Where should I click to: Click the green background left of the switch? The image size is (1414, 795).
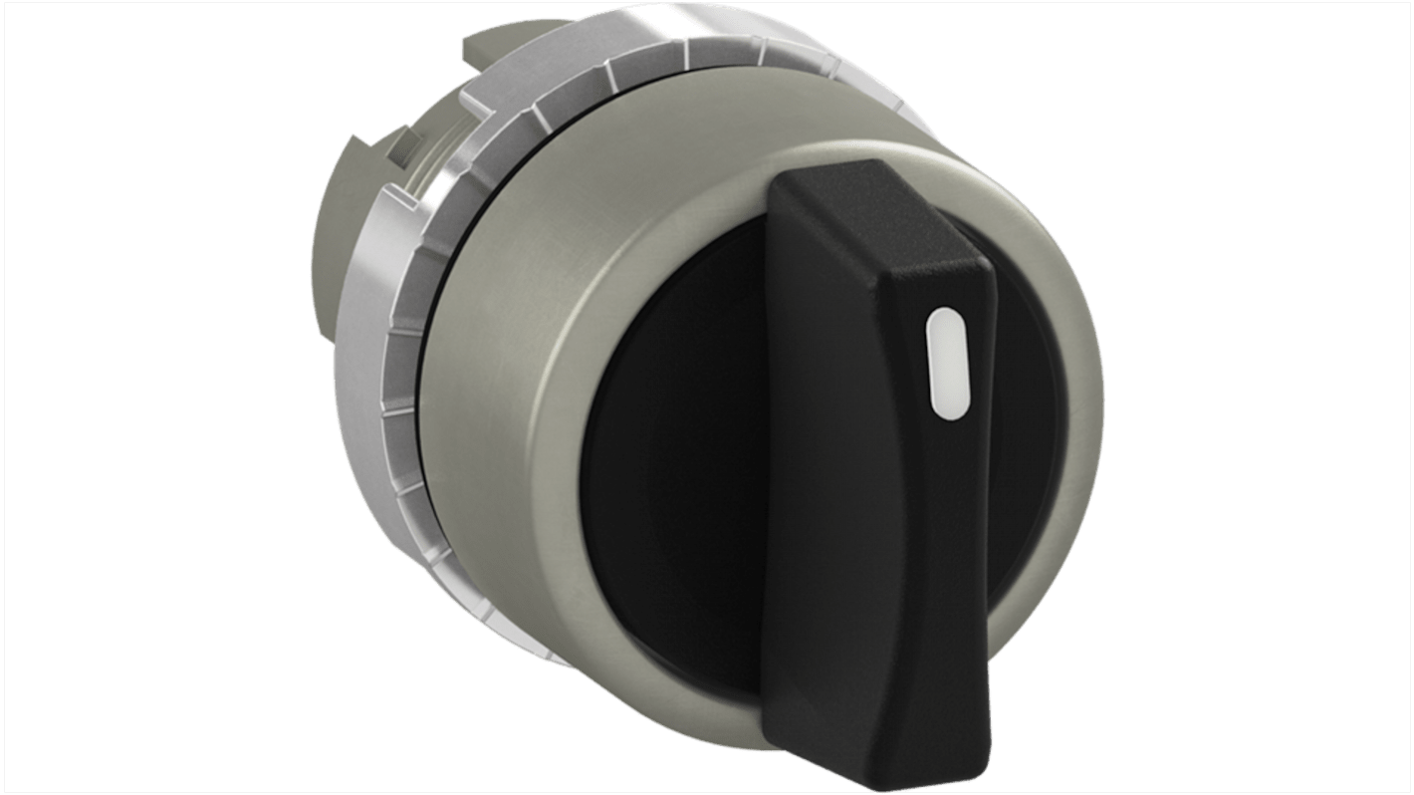[149, 398]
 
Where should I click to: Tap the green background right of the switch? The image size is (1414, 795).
[1265, 398]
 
